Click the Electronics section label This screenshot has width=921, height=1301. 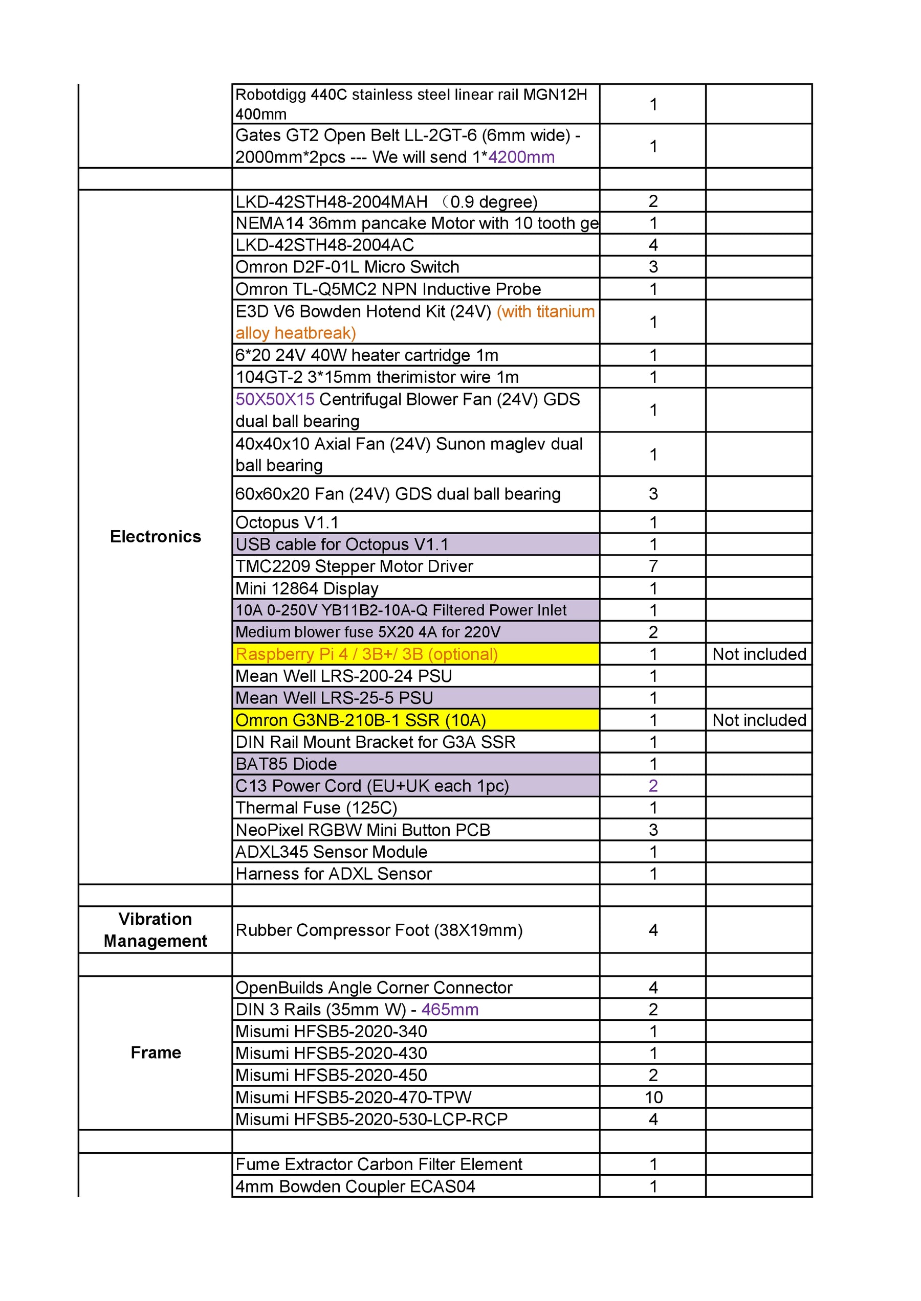point(156,537)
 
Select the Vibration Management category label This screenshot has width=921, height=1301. point(156,929)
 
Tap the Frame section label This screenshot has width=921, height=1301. point(156,1052)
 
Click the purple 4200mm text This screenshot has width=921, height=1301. point(521,157)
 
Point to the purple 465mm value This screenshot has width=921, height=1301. point(450,1009)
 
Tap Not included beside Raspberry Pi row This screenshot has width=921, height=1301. point(759,654)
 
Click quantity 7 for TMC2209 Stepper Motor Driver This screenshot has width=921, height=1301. point(653,565)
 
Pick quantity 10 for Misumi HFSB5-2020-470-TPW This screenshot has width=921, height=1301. point(653,1097)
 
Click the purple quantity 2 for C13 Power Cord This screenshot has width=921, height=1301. point(653,785)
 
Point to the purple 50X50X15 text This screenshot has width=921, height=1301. point(275,399)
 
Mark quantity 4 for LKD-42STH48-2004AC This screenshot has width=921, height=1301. point(653,245)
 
